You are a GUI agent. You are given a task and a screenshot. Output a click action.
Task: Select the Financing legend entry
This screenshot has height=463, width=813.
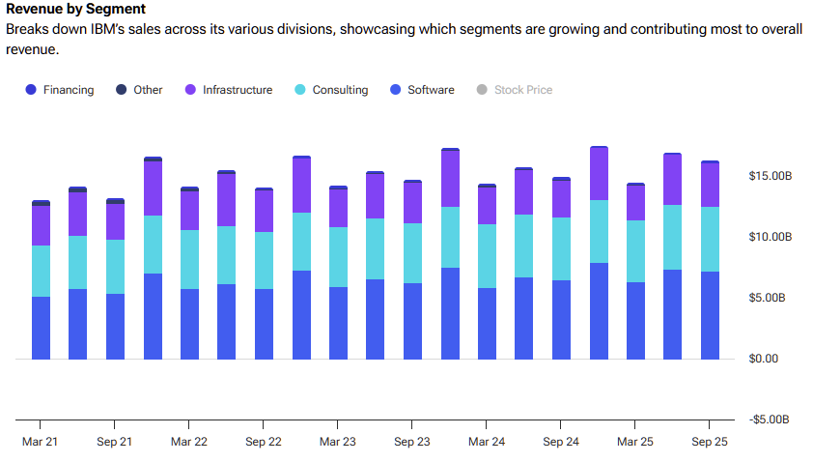pos(60,90)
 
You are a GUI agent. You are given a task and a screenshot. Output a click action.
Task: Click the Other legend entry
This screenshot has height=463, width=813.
pos(139,90)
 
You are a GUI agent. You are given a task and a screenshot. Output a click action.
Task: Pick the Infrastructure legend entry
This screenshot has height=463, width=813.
pos(229,90)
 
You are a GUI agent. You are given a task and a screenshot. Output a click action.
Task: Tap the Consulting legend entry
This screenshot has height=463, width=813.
pos(331,90)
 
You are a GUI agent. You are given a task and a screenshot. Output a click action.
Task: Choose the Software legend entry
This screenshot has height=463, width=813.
pos(422,90)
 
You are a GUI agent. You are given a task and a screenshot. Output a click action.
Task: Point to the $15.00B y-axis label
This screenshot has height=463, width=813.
pos(770,176)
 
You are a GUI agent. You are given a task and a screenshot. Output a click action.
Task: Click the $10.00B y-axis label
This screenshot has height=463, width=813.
pos(770,237)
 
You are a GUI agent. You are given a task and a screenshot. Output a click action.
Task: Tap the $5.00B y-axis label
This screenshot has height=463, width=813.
pos(770,298)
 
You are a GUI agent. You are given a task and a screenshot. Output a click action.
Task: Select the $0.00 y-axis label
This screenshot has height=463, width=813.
pos(770,359)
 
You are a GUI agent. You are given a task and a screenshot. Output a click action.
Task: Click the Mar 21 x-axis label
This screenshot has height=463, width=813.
pos(41,441)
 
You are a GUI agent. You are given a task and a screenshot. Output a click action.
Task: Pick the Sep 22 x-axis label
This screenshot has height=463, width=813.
pos(263,441)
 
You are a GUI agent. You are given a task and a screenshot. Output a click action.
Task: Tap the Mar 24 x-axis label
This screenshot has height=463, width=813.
pos(486,441)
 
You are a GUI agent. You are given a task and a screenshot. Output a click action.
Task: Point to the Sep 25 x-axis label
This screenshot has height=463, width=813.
pos(709,441)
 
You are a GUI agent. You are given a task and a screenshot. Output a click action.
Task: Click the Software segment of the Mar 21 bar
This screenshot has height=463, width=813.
pos(41,329)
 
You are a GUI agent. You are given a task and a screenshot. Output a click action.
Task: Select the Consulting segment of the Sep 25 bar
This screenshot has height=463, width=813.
pos(710,239)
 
